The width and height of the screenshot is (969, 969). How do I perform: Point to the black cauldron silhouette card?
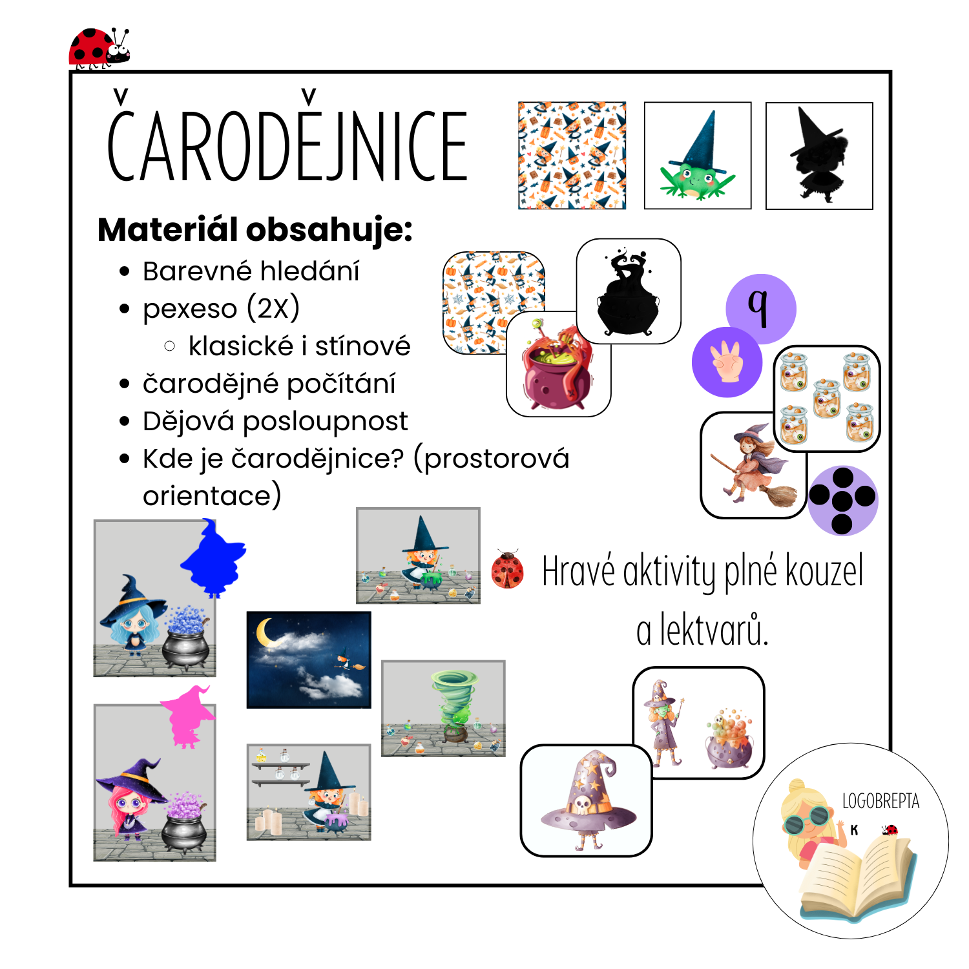(629, 291)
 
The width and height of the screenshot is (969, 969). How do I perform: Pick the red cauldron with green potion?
(557, 364)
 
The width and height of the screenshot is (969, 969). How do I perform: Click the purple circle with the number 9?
(761, 309)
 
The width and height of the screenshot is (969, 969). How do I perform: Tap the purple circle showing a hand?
(727, 362)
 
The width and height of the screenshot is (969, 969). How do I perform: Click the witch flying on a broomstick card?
(753, 465)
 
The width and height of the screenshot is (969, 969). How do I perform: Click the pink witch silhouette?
(188, 717)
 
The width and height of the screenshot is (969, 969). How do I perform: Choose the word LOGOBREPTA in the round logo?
(880, 801)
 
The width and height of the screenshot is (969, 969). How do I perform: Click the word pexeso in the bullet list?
(190, 309)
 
